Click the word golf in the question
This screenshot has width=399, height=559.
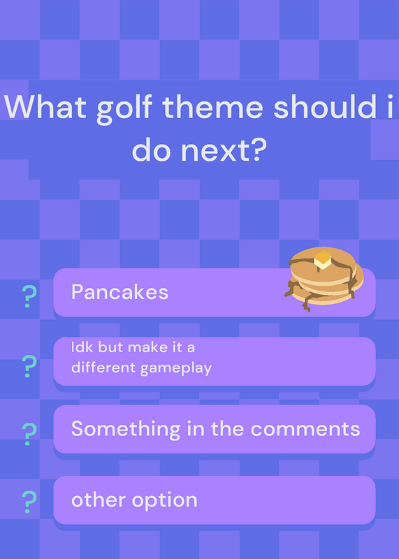point(124,108)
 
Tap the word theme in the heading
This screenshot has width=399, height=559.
point(213,106)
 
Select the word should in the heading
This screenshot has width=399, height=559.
point(323,106)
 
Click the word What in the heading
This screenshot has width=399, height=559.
point(45,107)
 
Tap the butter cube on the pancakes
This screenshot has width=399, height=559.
point(323,260)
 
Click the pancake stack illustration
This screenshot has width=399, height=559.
point(324,279)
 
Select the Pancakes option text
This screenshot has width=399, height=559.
point(119,292)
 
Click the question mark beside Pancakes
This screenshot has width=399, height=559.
point(29,296)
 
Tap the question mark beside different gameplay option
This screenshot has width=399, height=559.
point(29,366)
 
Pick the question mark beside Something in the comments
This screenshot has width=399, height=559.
point(29,434)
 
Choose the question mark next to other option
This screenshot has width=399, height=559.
point(29,502)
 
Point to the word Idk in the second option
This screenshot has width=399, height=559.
point(82,347)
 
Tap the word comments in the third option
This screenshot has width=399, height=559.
point(306,429)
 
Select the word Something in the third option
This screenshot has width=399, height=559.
point(126,429)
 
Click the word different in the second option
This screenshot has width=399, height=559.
point(103,368)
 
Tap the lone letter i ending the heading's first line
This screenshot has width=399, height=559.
point(389,106)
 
